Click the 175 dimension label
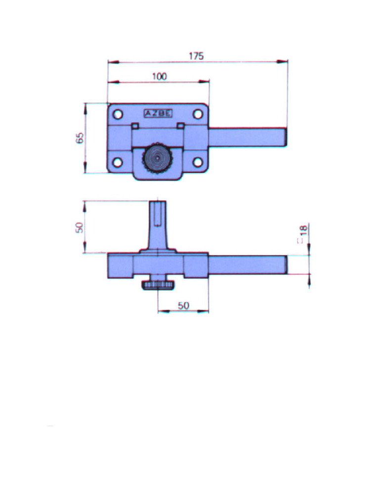click(x=196, y=56)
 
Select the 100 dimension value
click(x=160, y=77)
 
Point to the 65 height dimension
click(x=80, y=138)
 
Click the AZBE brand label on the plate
click(x=158, y=113)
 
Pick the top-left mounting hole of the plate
click(x=118, y=114)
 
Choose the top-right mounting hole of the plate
click(x=198, y=114)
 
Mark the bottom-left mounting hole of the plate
click(x=117, y=162)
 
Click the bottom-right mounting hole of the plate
click(x=198, y=162)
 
